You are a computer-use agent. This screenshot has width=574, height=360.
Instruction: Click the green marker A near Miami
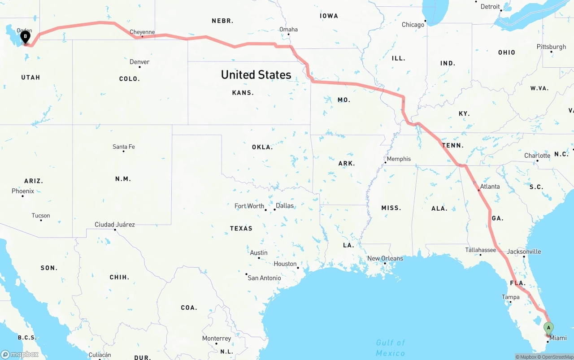pos(548,328)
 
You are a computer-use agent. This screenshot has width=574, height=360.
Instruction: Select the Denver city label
pos(139,62)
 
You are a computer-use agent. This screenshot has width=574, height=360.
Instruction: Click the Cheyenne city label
pos(142,32)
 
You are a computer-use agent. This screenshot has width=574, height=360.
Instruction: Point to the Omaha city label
pos(288,30)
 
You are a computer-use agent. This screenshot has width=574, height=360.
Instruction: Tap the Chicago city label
pos(413,25)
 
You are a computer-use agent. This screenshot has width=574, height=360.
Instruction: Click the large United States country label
pos(256,75)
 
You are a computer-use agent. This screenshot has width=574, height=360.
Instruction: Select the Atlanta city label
pos(490,187)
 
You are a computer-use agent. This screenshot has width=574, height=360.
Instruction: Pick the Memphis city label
pos(399,159)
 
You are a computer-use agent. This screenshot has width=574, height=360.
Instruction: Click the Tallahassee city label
pos(480,250)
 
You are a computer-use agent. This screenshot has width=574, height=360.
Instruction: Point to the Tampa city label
pos(511,297)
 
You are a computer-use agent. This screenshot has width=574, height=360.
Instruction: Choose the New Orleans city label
pos(385,258)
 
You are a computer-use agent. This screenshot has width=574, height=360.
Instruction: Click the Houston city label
pos(285,264)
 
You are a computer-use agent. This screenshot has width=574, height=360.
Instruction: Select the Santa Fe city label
pos(124,147)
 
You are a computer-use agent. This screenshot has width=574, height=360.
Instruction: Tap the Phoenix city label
pos(23,191)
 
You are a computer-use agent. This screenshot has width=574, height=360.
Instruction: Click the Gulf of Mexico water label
pos(391,348)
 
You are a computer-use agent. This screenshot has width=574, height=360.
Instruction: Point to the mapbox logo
pos(20,354)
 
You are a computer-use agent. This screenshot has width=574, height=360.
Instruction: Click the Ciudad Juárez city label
pos(115,224)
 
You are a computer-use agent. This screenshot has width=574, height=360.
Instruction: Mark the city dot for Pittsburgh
pos(552,52)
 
